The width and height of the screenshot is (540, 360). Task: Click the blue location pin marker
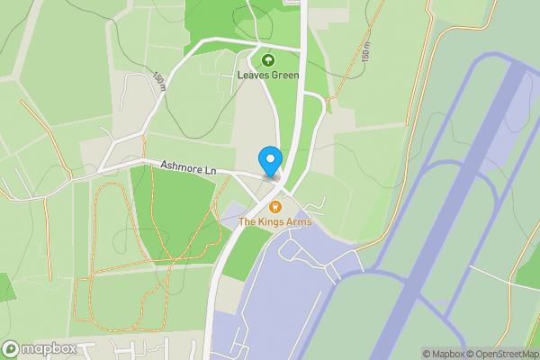tap(270, 160)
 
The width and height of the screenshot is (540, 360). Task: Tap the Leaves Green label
tap(267, 76)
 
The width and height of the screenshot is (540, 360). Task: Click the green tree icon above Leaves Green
tap(267, 60)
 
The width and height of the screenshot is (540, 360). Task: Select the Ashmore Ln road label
tap(189, 168)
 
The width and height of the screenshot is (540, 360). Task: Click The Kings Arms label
tap(274, 221)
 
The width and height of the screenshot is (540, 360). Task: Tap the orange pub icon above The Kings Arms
tap(274, 207)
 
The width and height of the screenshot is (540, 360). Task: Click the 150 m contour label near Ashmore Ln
tap(159, 81)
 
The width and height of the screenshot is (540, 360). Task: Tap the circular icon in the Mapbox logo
tap(11, 349)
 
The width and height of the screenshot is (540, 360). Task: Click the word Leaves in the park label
tap(252, 76)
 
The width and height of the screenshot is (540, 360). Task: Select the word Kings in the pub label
tap(271, 221)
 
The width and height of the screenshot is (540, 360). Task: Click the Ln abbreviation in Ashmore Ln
tap(211, 170)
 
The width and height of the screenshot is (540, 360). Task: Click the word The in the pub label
tap(247, 221)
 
